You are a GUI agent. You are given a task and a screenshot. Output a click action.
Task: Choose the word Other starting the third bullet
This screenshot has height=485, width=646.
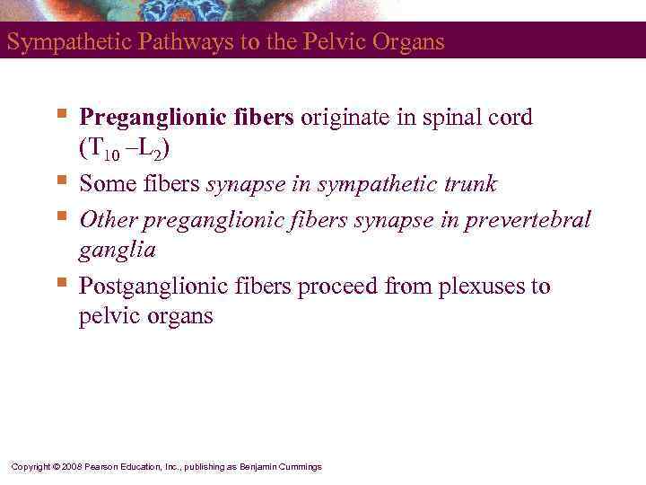[109, 219]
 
